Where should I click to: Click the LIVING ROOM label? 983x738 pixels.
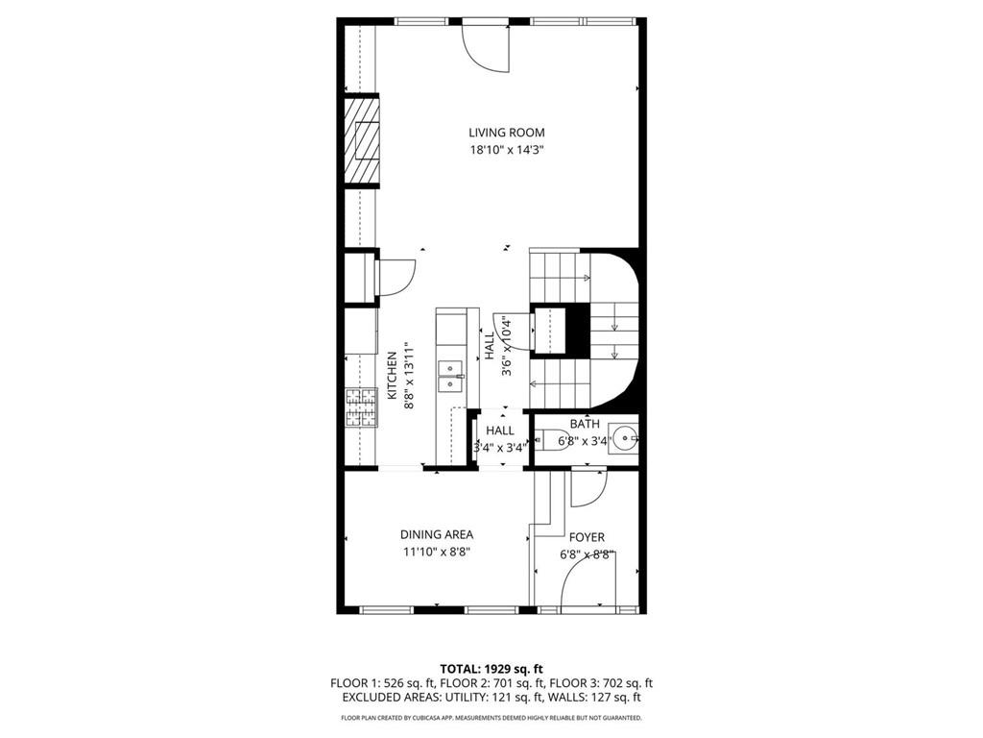[507, 133]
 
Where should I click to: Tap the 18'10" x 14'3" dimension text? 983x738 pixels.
[507, 150]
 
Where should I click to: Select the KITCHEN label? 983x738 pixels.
[392, 376]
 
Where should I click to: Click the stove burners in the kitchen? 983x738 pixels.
[361, 406]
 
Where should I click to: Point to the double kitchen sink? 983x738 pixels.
[450, 376]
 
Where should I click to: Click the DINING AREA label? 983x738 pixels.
[436, 534]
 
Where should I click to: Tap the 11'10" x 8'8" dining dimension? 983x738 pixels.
[436, 552]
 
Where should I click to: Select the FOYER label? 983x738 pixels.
[587, 537]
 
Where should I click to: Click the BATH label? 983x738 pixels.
[585, 424]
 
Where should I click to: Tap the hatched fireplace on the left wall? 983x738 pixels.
[362, 141]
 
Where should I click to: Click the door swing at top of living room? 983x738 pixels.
[486, 48]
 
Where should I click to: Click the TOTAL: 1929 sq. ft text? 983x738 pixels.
[491, 668]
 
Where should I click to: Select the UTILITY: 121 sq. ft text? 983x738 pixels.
[507, 698]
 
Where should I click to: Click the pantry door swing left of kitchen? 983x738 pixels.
[395, 277]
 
